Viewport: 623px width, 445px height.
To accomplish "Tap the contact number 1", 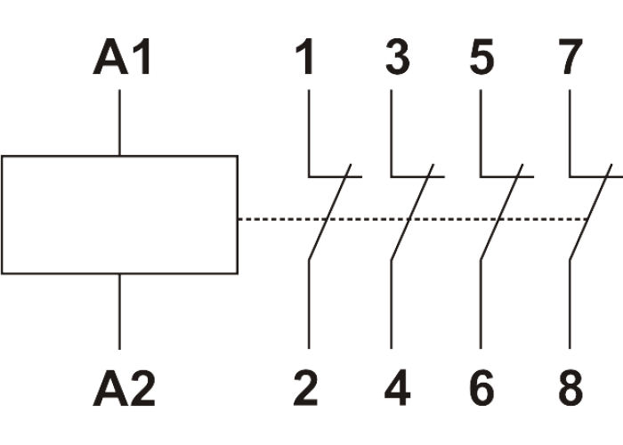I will pos(308,61).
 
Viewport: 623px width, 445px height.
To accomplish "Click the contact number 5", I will pos(481,61).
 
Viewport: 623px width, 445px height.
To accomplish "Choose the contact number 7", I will pos(570,61).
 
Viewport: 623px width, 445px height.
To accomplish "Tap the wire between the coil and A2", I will pos(120,311).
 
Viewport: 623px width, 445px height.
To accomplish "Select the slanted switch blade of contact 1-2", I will pos(329,214).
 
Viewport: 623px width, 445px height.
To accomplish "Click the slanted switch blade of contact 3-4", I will pos(412,214).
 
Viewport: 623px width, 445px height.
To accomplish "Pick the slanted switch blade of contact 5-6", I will pos(501,214).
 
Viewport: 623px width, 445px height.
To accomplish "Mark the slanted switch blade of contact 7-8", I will pos(590,214).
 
